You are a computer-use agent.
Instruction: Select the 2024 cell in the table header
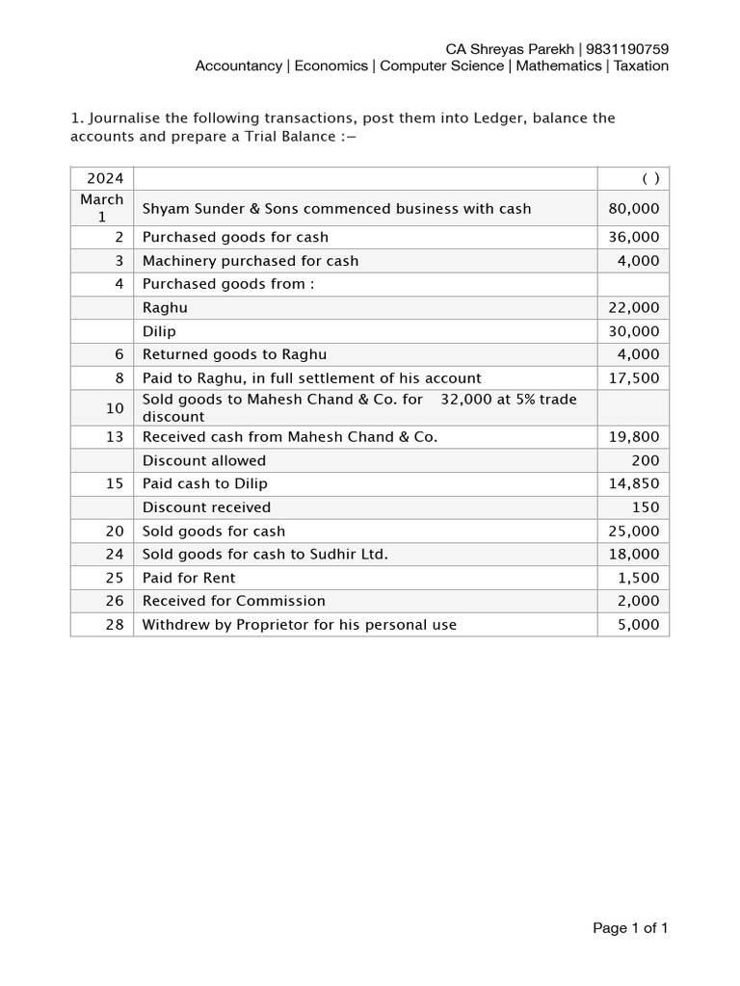point(102,178)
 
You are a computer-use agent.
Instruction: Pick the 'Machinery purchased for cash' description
point(251,261)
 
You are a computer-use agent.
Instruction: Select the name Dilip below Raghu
point(160,331)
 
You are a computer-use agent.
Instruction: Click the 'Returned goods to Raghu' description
point(235,354)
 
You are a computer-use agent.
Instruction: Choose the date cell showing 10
point(115,408)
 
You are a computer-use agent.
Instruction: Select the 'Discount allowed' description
point(204,460)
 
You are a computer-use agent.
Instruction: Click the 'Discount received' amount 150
point(646,507)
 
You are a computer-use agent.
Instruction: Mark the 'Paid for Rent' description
point(189,578)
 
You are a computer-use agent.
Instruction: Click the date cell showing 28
point(115,625)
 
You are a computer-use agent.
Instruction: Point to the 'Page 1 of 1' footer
point(630,928)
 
